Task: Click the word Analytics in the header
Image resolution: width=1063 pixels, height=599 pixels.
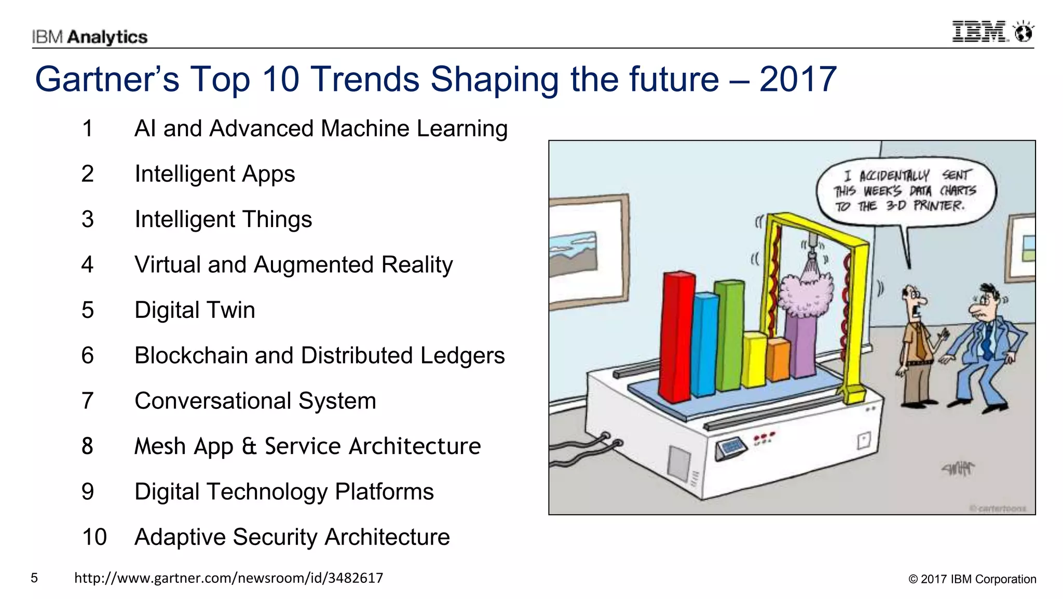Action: pyautogui.click(x=107, y=37)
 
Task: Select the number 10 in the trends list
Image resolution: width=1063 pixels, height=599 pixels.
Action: pyautogui.click(x=94, y=537)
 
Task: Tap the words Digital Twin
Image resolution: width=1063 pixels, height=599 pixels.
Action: pyautogui.click(x=195, y=310)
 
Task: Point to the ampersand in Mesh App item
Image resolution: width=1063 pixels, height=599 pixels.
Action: pyautogui.click(x=249, y=446)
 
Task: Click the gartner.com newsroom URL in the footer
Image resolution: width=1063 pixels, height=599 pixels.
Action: pyautogui.click(x=228, y=578)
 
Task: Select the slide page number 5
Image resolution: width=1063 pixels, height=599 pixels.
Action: pyautogui.click(x=34, y=578)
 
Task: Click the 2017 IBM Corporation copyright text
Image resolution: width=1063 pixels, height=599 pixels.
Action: pyautogui.click(x=972, y=579)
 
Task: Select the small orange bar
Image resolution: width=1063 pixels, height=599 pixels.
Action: pyautogui.click(x=778, y=359)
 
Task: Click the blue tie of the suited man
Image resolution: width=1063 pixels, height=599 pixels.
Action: pyautogui.click(x=987, y=340)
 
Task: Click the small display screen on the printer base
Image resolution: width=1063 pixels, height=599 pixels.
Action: pyautogui.click(x=731, y=447)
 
